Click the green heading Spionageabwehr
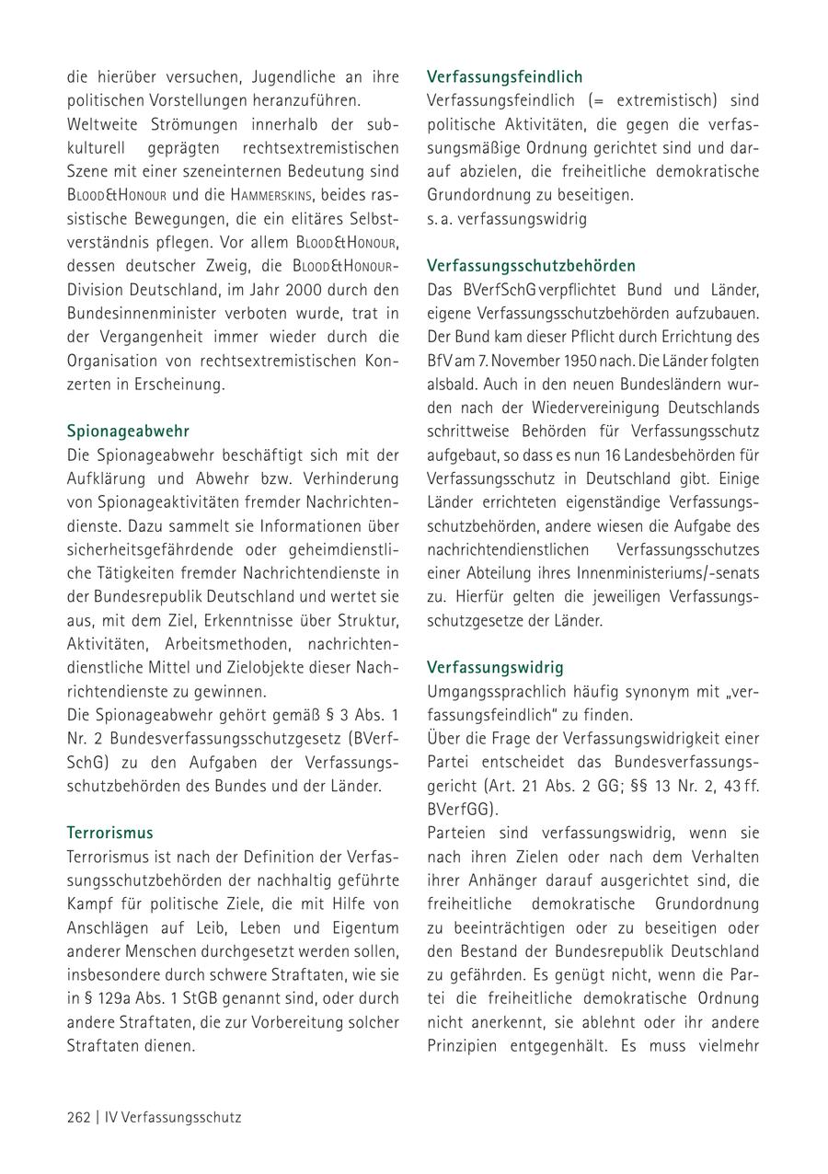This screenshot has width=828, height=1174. (128, 431)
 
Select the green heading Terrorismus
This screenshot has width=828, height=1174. (109, 833)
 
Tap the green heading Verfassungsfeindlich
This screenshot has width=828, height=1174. (505, 76)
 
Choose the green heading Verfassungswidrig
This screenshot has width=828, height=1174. (495, 667)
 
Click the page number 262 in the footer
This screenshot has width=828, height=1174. (78, 1117)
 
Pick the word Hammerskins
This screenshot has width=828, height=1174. (272, 195)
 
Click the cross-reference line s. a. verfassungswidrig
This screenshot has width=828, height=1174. (506, 219)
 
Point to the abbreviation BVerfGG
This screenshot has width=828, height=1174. (458, 810)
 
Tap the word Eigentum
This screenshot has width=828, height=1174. (364, 927)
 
